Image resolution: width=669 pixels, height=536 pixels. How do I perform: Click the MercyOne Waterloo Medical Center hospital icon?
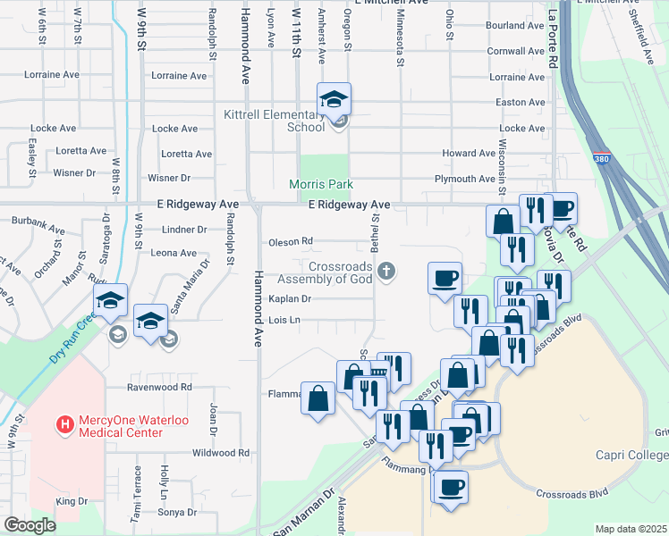[64, 423]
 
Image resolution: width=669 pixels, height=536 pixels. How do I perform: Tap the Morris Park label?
[321, 184]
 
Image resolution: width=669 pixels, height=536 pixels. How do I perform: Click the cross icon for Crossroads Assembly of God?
[386, 272]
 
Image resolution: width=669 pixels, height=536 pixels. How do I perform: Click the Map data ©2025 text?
[631, 529]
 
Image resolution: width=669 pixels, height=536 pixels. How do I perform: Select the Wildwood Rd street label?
[219, 453]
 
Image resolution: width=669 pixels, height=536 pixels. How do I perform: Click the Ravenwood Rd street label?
[159, 387]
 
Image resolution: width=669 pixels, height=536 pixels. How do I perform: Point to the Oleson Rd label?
[291, 241]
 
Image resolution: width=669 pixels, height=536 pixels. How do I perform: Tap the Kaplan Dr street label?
[288, 299]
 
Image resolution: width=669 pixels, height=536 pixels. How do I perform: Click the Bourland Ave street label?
[515, 26]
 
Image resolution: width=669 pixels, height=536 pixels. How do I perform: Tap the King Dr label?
[72, 502]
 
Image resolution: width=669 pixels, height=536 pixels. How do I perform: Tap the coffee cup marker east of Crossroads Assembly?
[445, 278]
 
